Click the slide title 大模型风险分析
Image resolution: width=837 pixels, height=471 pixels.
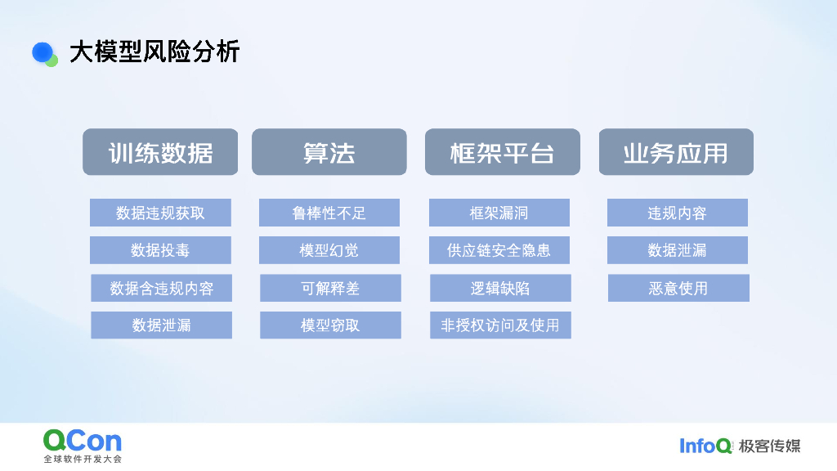[154, 52]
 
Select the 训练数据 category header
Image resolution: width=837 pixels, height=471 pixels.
[160, 152]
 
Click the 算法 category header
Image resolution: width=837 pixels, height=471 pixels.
[329, 152]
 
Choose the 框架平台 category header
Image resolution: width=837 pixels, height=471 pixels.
[502, 152]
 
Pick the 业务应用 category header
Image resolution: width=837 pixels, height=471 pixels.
[676, 152]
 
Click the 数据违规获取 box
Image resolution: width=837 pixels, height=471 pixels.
[160, 213]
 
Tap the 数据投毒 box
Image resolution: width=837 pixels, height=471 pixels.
[160, 250]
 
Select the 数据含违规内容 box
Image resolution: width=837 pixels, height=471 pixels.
[161, 288]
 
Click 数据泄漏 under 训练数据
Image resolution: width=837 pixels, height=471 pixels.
[161, 325]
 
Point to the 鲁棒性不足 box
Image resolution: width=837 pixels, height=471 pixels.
[329, 213]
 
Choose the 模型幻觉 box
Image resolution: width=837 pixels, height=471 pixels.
[329, 250]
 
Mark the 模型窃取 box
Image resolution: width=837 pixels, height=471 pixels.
[330, 325]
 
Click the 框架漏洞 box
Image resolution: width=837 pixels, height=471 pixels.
[499, 213]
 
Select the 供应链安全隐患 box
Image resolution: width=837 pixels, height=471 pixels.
[499, 250]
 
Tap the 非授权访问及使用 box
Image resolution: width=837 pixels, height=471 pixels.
[500, 325]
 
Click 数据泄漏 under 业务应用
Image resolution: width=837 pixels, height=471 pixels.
[677, 250]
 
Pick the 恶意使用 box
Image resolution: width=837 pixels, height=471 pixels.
[678, 288]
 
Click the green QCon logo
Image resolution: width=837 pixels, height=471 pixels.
[83, 441]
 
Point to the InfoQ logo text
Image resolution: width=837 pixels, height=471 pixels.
[705, 446]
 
